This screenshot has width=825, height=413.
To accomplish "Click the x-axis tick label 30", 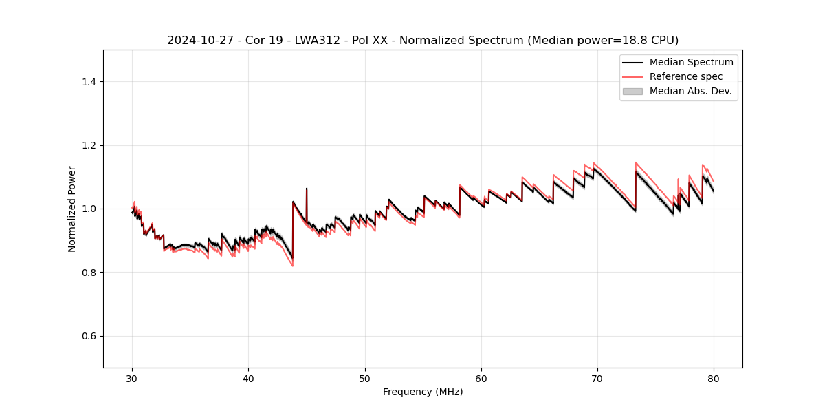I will point(132,378).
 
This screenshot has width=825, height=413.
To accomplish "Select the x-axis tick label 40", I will point(248,378).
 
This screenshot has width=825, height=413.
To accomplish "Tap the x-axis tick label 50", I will point(365,378).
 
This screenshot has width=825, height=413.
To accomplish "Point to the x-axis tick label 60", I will point(481,378).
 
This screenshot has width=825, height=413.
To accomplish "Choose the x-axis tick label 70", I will point(597,378).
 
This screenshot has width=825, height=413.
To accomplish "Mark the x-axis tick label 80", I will point(714,378).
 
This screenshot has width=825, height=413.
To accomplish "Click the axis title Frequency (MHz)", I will point(423,392).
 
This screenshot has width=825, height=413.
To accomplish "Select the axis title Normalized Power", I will point(72,209).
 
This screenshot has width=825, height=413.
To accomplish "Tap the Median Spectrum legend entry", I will point(691,62).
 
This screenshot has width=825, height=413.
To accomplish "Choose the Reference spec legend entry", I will point(685,76).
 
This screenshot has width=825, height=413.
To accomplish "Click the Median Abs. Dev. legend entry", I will point(690,91).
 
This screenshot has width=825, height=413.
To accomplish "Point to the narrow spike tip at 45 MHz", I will point(307,188).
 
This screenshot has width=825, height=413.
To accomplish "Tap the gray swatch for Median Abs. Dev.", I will point(632,91).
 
